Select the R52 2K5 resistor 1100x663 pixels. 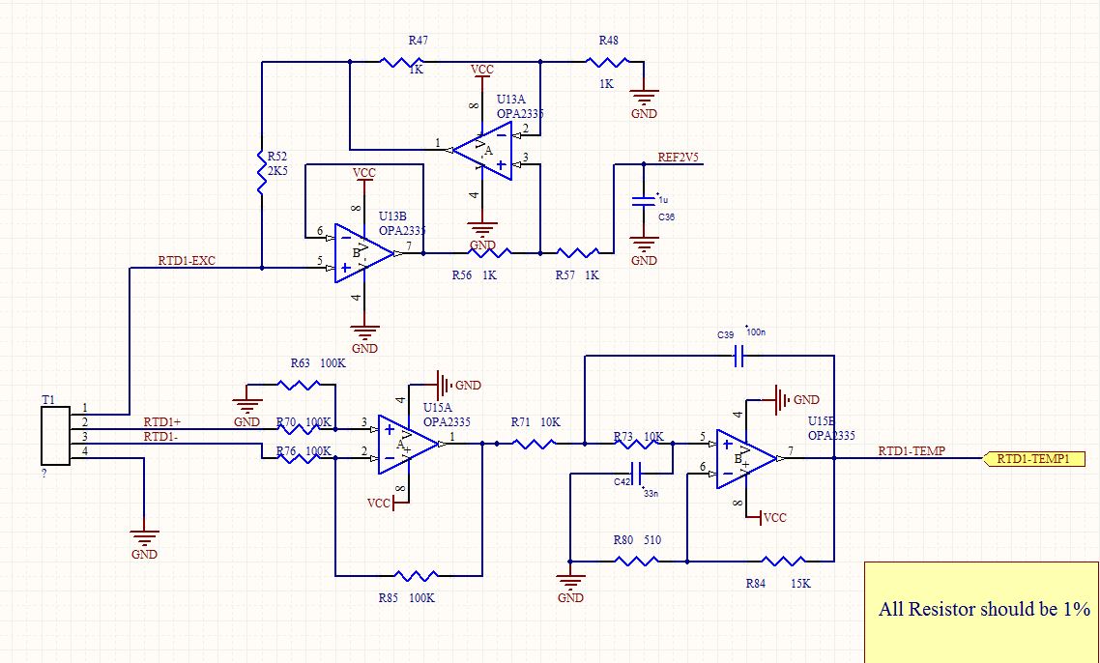260,170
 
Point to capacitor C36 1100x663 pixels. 643,201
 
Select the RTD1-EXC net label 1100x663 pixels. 187,261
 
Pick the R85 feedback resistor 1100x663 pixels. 409,576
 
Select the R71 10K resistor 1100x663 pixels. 533,444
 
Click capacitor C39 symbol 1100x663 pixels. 737,357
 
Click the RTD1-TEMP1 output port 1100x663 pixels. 1033,459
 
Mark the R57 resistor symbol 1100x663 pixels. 578,253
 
